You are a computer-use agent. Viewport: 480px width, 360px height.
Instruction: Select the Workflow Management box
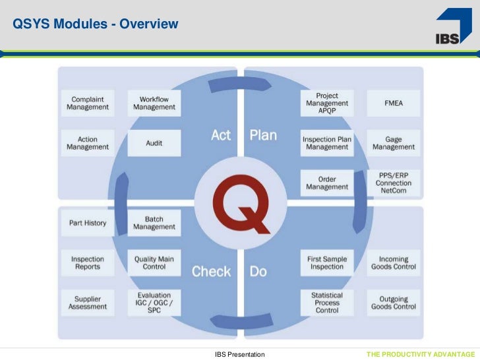pos(154,103)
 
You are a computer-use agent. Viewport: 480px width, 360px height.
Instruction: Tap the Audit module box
pos(154,142)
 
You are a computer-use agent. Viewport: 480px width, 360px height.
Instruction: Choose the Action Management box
pos(88,142)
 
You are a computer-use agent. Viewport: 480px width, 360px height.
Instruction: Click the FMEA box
pos(394,103)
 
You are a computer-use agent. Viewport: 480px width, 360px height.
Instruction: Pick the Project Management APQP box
pos(327,103)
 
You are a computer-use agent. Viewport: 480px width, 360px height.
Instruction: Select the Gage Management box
pos(394,143)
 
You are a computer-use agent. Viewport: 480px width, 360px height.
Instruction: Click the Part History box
pos(88,223)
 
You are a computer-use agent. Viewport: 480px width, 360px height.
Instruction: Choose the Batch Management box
pos(154,223)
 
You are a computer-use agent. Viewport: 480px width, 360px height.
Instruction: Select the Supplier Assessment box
pos(88,303)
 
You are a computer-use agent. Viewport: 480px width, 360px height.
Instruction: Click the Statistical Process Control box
pos(327,303)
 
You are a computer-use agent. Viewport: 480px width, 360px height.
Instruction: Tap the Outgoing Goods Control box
pos(394,303)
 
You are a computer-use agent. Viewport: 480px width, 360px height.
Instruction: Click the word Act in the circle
pos(221,136)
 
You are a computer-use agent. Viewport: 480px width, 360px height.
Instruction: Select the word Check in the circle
pos(211,271)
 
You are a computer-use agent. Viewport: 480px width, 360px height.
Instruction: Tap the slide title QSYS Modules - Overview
pos(96,25)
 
